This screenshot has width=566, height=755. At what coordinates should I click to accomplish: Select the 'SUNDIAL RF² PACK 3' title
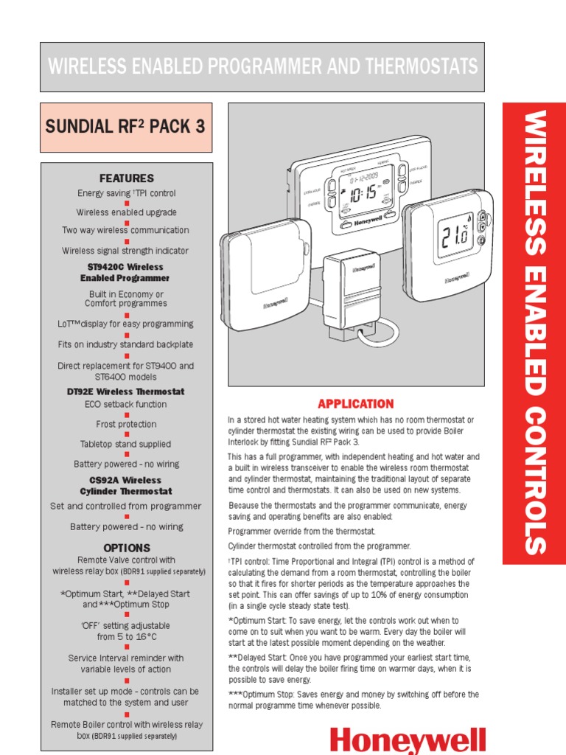click(125, 126)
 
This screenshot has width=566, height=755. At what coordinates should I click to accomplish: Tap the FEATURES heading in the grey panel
click(126, 178)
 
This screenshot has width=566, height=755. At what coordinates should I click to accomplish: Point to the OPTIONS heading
click(126, 548)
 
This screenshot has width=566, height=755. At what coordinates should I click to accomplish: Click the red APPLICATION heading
click(355, 404)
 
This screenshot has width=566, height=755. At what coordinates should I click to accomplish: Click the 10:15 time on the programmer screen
click(361, 195)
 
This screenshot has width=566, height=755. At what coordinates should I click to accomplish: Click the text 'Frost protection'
click(126, 424)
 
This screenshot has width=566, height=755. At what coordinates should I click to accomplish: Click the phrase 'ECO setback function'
click(126, 404)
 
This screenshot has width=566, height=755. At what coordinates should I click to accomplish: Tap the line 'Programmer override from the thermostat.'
click(301, 531)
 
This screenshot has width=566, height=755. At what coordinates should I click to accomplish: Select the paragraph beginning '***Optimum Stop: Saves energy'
click(353, 700)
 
